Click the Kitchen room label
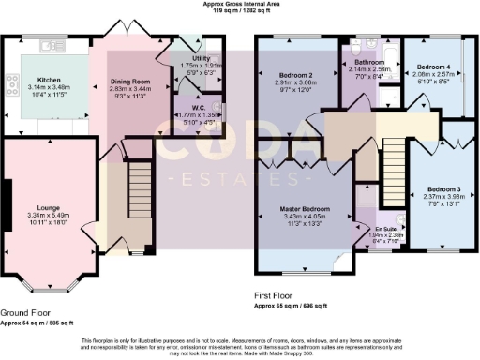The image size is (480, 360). pos(48,81)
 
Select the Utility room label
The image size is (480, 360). pos(200,58)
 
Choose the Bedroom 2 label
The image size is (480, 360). pos(295,74)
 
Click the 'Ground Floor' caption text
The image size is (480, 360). pos(25,313)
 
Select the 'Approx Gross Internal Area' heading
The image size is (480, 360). pos(240,4)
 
